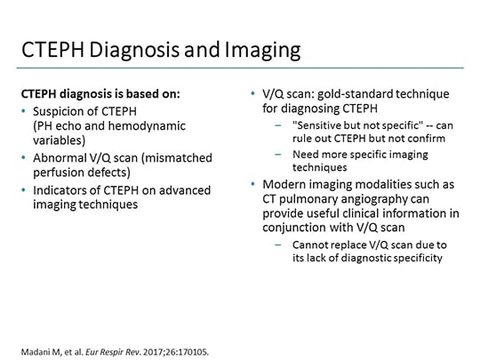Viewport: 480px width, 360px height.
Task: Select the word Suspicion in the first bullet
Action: point(60,110)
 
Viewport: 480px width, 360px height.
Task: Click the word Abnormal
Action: point(58,157)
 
